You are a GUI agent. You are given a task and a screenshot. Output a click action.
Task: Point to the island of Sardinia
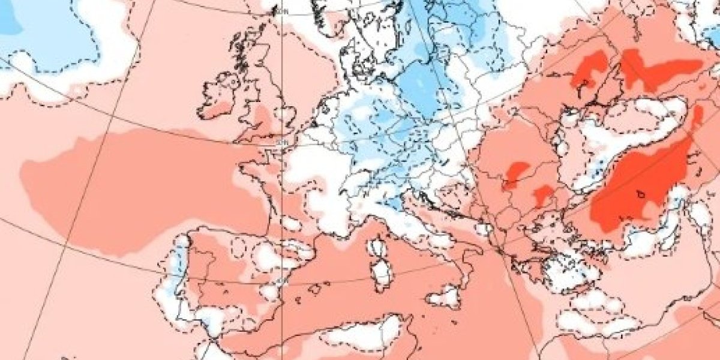pos(380,273)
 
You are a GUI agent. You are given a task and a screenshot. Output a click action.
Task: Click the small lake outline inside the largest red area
pos(643,194)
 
